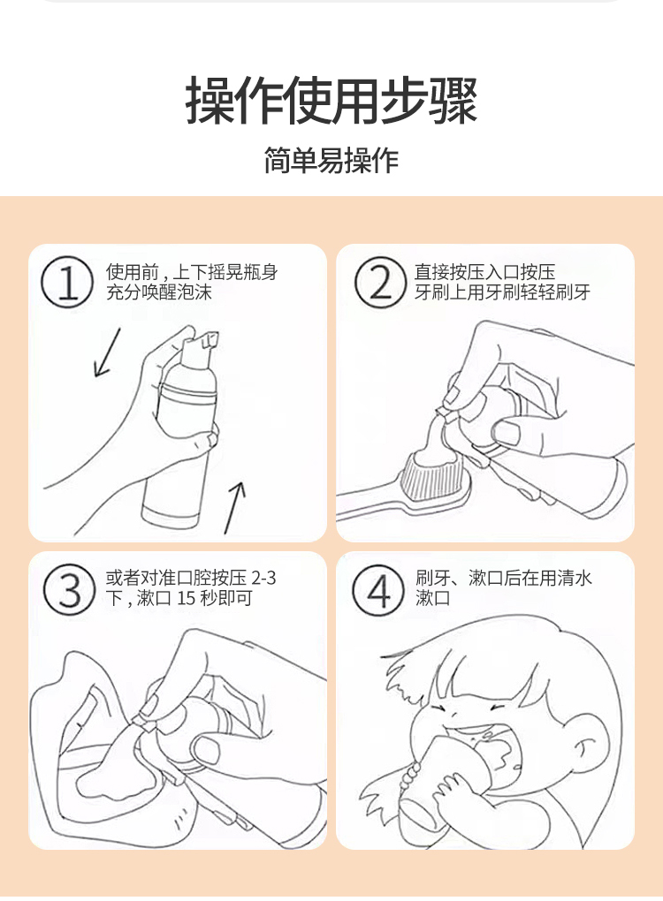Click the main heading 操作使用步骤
pos(331,100)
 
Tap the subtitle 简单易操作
pos(331,160)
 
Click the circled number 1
pos(66,282)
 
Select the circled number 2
pos(380,282)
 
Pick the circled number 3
pos(69,589)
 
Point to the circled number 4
pos(377,589)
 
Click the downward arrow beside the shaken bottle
pos(108,352)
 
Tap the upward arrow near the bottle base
pos(234,508)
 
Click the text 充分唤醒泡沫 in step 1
pos(159,292)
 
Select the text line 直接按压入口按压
pos(484,272)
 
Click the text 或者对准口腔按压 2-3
pos(191,578)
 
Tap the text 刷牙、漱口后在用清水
pos(504,578)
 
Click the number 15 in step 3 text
pos(187,599)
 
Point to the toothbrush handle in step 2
pos(374,503)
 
